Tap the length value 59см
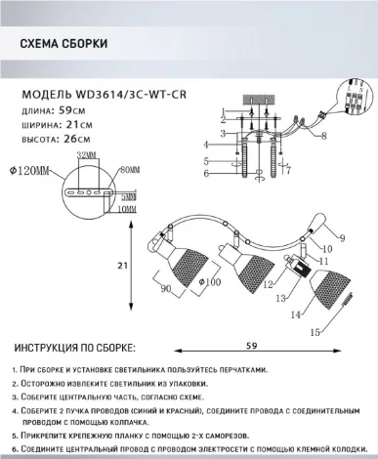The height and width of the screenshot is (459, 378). tap(73, 110)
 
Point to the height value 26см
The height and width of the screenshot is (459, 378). tap(74, 138)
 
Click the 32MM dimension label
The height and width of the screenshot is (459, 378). tap(86, 155)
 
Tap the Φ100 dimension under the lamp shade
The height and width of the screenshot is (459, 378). tap(209, 282)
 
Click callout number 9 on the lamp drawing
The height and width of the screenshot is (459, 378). tap(342, 236)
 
